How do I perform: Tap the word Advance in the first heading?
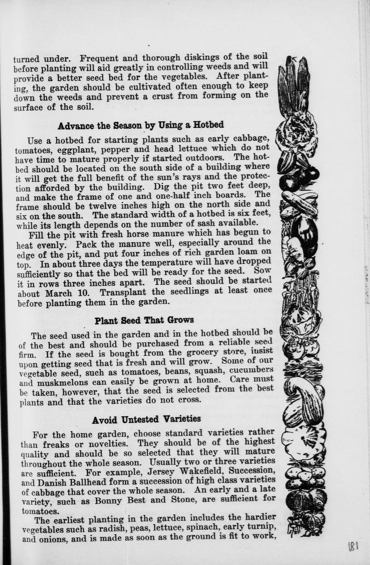tap(74, 125)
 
